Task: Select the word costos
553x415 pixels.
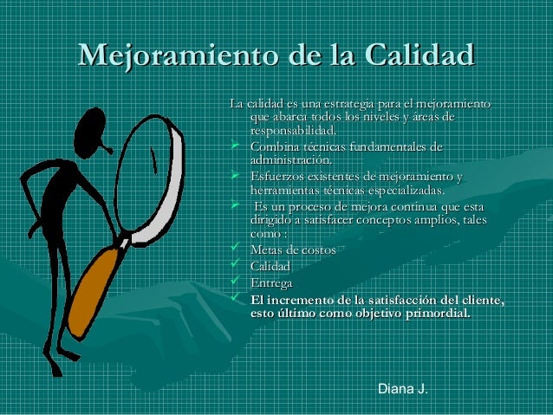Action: [x=315, y=250]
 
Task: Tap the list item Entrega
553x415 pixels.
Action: [x=270, y=283]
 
